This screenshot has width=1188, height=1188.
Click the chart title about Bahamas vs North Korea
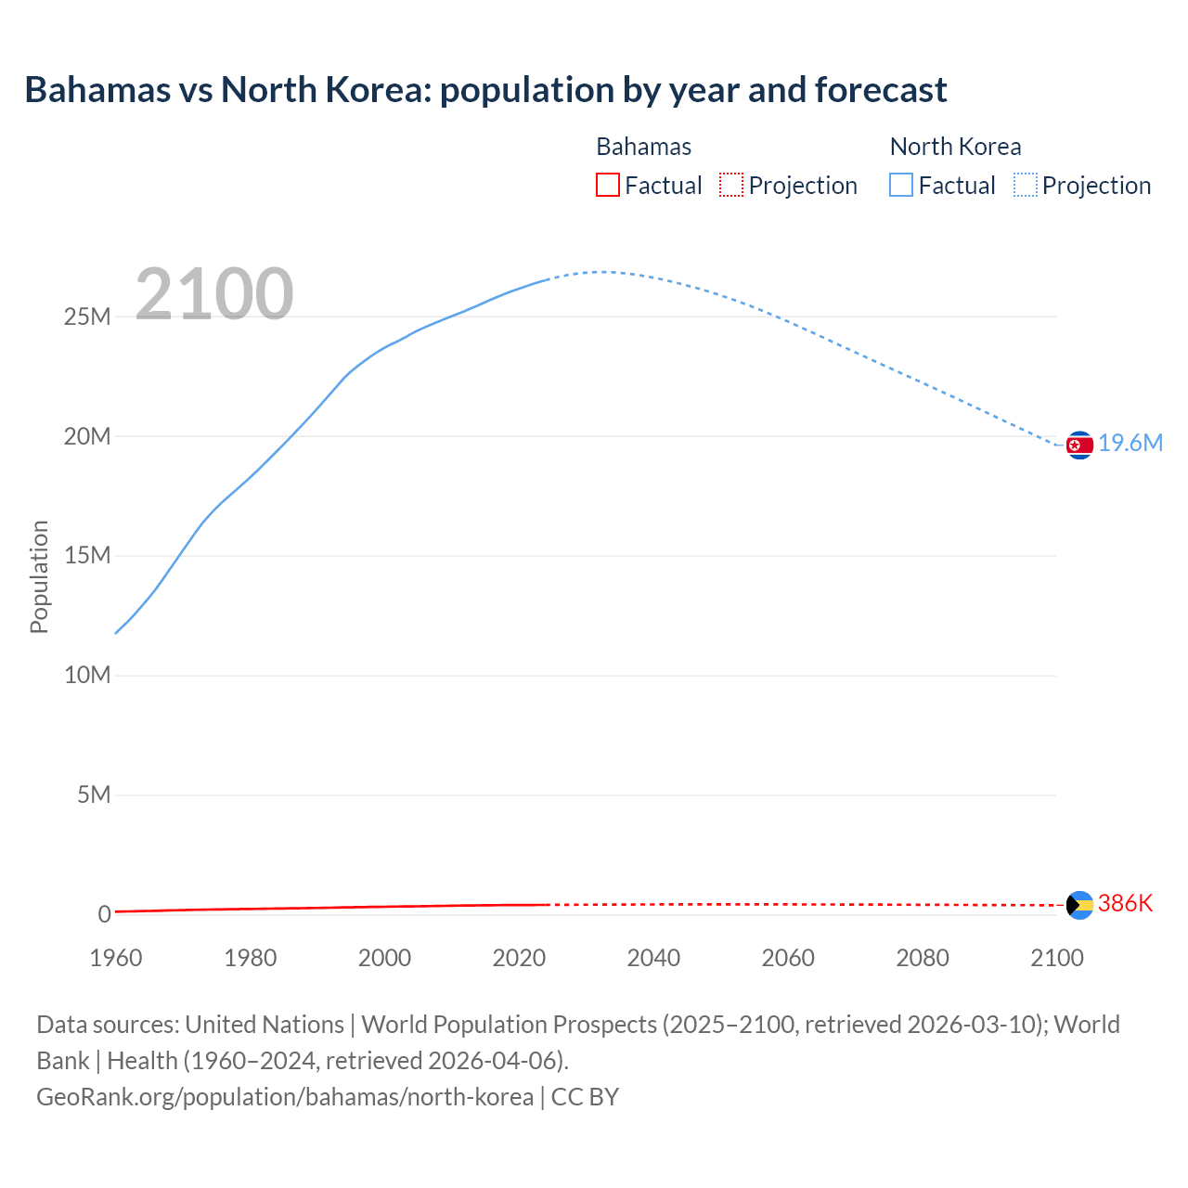[485, 90]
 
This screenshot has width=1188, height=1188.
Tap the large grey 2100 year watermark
[214, 294]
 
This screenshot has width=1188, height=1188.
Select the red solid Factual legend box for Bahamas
[608, 186]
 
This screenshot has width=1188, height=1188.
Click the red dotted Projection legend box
[731, 186]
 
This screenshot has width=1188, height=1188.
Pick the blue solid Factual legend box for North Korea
[901, 186]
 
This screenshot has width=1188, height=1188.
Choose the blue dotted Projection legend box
[1025, 186]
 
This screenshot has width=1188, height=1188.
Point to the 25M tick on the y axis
[87, 317]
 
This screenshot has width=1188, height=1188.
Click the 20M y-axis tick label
[87, 437]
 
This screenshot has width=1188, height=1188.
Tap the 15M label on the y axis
[87, 556]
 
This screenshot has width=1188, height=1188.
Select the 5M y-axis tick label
[94, 795]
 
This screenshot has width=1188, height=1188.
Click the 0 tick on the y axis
[104, 915]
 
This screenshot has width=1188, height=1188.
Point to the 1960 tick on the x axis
[116, 958]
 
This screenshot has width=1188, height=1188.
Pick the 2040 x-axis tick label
[653, 958]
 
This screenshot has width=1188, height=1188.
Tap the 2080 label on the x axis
[923, 958]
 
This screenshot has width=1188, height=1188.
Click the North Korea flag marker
[1079, 445]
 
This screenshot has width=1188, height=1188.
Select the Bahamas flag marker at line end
[1079, 905]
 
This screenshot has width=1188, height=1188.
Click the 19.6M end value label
[1130, 444]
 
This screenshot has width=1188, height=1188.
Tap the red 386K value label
[1125, 904]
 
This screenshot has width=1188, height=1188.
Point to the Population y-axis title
[39, 576]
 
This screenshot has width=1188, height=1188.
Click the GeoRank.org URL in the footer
[285, 1097]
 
